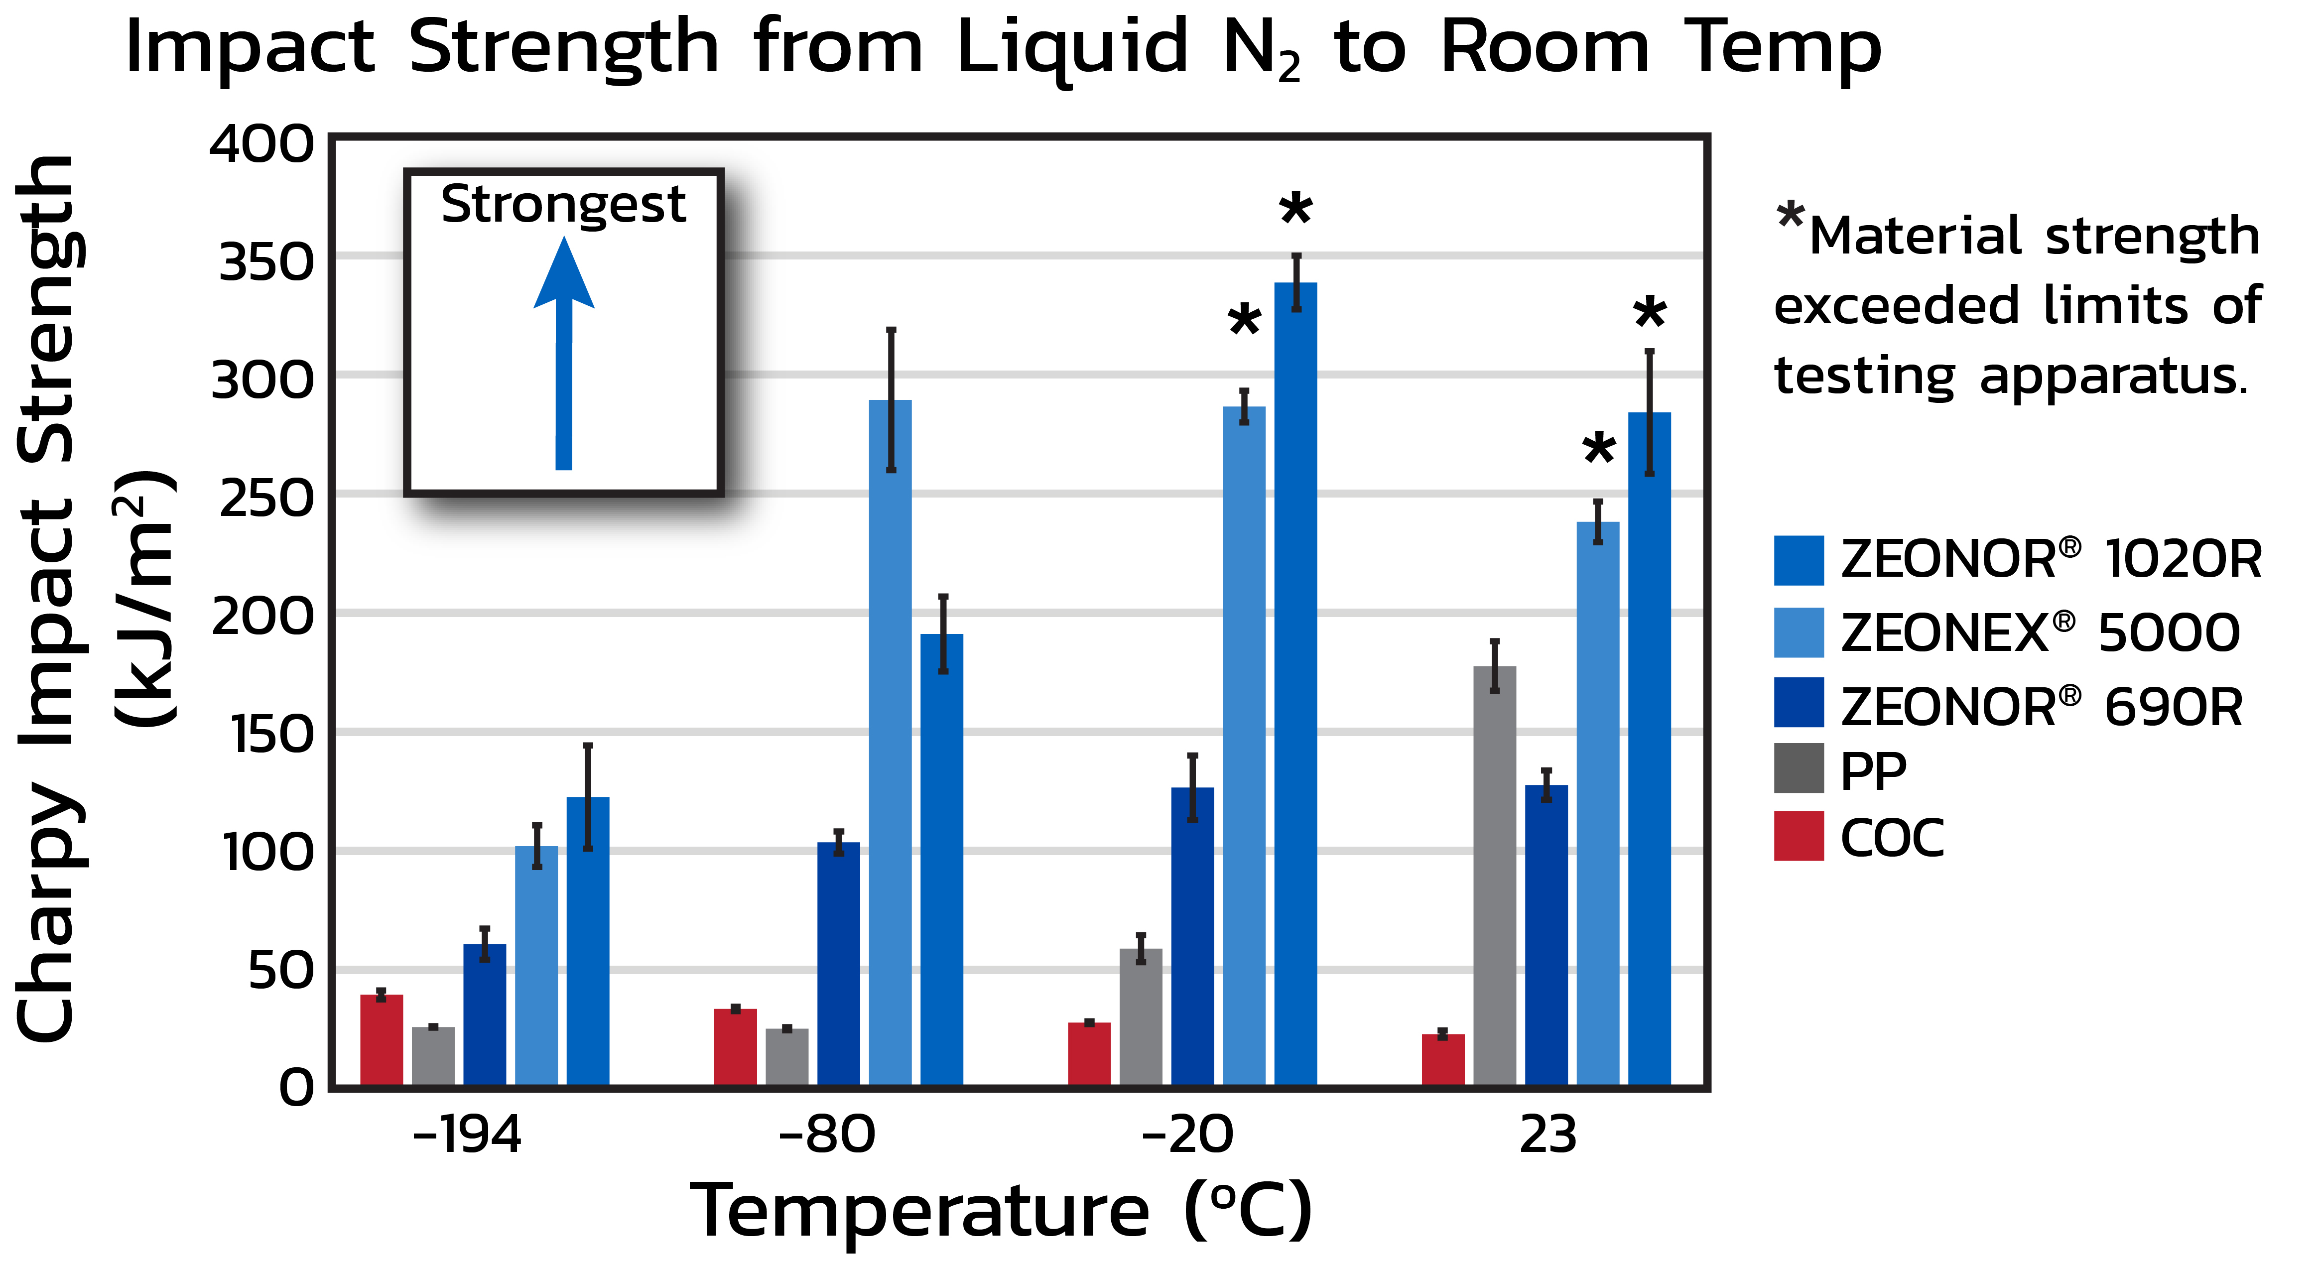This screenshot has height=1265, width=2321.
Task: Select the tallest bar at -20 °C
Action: pyautogui.click(x=1295, y=685)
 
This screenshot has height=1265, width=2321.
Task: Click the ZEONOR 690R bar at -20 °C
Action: pyautogui.click(x=1192, y=937)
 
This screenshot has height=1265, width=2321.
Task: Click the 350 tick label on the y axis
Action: pyautogui.click(x=266, y=263)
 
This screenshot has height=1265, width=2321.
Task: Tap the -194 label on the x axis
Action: pyautogui.click(x=467, y=1135)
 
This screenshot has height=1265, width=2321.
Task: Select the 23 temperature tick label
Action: pyautogui.click(x=1548, y=1135)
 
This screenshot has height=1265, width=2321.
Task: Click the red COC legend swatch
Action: pyautogui.click(x=1799, y=836)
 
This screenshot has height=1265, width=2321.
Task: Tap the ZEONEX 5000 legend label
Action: pyautogui.click(x=2040, y=632)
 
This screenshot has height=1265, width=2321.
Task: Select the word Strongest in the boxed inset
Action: pyautogui.click(x=563, y=205)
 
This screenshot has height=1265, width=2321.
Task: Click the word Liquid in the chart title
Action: pyautogui.click(x=1072, y=50)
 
